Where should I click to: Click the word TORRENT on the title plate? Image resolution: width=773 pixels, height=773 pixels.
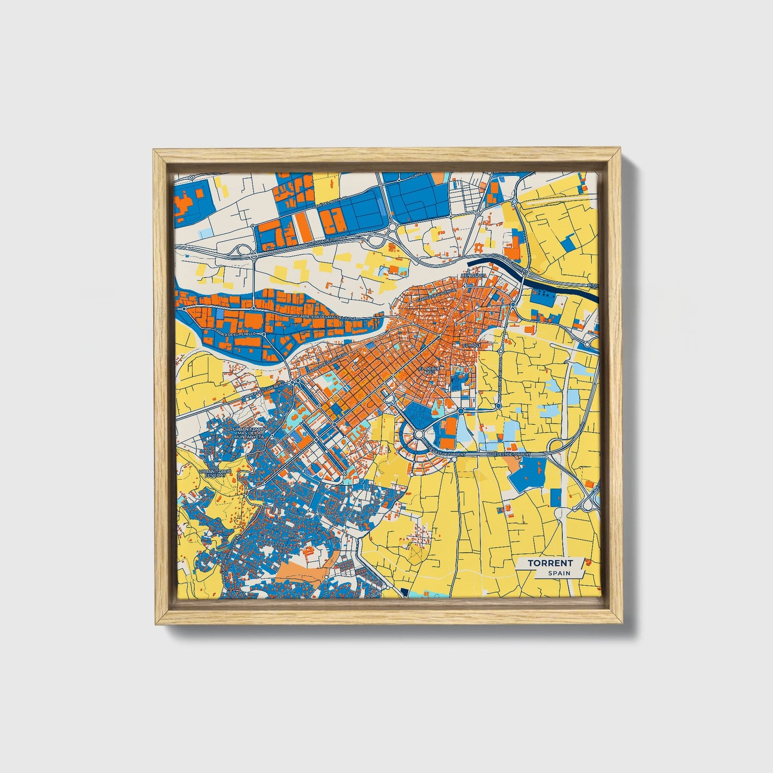[550, 563]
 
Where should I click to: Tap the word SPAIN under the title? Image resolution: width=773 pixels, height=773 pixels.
[558, 573]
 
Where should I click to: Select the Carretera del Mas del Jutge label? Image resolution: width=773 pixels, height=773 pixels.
[326, 319]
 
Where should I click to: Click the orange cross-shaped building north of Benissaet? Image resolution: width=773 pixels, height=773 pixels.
[477, 248]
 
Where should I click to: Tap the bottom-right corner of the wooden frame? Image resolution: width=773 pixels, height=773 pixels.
[622, 624]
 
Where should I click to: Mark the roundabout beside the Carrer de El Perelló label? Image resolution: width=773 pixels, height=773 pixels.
[264, 334]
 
